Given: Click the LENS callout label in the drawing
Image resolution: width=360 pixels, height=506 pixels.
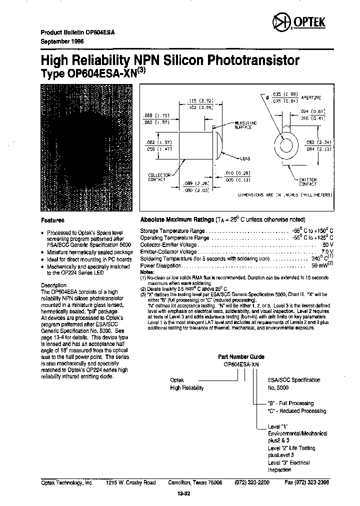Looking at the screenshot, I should tap(245, 158).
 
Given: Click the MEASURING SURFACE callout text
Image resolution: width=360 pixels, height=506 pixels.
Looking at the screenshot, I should tap(245, 124).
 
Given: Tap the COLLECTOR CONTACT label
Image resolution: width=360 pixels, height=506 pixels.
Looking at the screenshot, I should tap(159, 177).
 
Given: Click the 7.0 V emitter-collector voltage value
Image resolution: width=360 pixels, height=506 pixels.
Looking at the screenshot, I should tap(327, 252).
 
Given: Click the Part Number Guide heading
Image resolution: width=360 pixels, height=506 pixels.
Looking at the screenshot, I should tap(241, 357).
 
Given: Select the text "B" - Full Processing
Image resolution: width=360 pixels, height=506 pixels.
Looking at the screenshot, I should tap(290, 403).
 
